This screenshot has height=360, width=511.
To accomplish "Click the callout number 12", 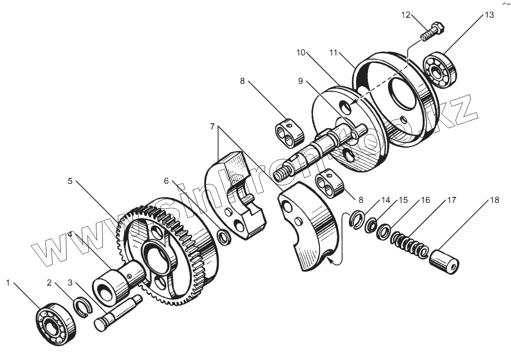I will click(x=405, y=15).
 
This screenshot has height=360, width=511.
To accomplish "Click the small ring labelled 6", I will click(x=224, y=237).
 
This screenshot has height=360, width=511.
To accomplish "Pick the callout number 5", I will click(x=70, y=181).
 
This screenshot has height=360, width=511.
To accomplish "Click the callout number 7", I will click(x=212, y=126).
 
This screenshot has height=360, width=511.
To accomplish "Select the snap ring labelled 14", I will click(x=357, y=218).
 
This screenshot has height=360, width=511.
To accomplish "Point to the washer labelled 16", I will click(x=383, y=231).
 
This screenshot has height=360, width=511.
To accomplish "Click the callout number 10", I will click(x=301, y=53).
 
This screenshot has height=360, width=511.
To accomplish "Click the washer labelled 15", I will click(x=371, y=225).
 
